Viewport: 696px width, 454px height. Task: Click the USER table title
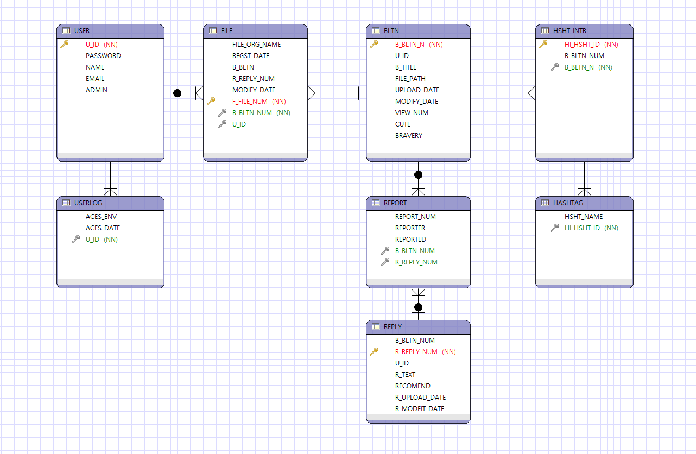(82, 31)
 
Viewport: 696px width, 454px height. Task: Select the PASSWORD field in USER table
(103, 56)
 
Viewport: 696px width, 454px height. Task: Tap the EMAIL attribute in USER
(95, 79)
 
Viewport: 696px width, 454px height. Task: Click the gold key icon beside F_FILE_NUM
(211, 102)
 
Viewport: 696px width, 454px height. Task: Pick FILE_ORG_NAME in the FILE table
(256, 45)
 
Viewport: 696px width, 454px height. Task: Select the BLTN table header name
(391, 31)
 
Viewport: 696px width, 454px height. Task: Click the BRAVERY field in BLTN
(408, 136)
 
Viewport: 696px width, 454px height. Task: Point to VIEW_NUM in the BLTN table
(412, 113)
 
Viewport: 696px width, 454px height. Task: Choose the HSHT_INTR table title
(570, 31)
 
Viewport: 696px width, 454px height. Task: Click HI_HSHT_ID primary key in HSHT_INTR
(582, 45)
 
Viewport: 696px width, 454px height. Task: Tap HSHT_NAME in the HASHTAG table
(584, 217)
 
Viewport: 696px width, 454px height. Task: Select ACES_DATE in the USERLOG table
(103, 228)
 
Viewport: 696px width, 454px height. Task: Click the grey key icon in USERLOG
(76, 239)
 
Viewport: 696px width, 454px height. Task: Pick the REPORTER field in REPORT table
(410, 228)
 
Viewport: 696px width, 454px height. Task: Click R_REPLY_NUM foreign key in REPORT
(416, 262)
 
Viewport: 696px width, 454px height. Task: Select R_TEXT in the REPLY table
(405, 375)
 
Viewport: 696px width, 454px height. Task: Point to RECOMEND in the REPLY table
(413, 386)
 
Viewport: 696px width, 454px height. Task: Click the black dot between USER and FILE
(177, 93)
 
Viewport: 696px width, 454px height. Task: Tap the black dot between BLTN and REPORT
(418, 174)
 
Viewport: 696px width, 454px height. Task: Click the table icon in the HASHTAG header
(544, 203)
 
